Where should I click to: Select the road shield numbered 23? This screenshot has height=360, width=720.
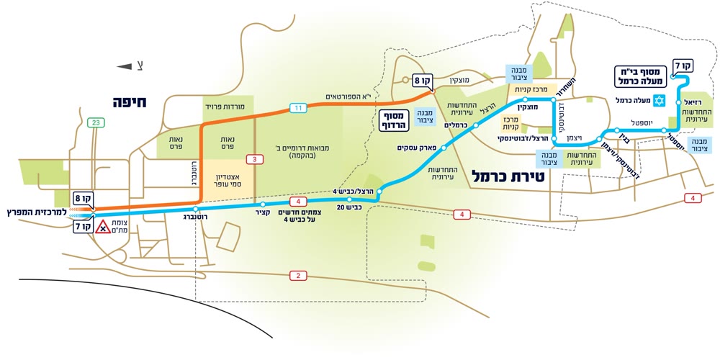click(96, 123)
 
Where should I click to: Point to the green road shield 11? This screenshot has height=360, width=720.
click(298, 108)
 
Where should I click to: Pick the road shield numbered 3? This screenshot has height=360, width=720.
click(252, 158)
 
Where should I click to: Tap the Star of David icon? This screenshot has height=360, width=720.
click(659, 100)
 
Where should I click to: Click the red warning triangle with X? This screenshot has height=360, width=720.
click(103, 229)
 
